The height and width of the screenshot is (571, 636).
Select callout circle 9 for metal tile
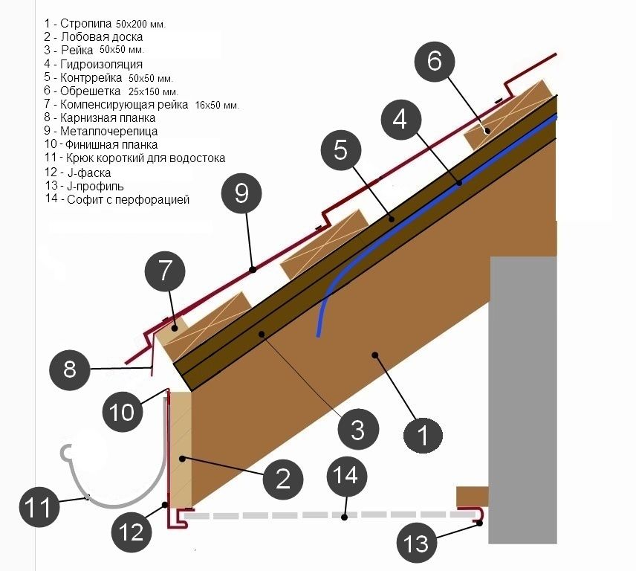pos(241,193)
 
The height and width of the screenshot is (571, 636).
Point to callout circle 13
pos(418,543)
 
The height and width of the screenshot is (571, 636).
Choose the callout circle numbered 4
pos(400,119)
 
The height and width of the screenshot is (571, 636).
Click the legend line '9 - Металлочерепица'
pos(90,131)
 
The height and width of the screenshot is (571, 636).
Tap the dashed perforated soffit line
pos(327,514)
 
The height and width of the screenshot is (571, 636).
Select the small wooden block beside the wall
pos(471,496)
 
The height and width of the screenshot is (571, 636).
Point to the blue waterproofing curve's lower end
pos(320,333)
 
